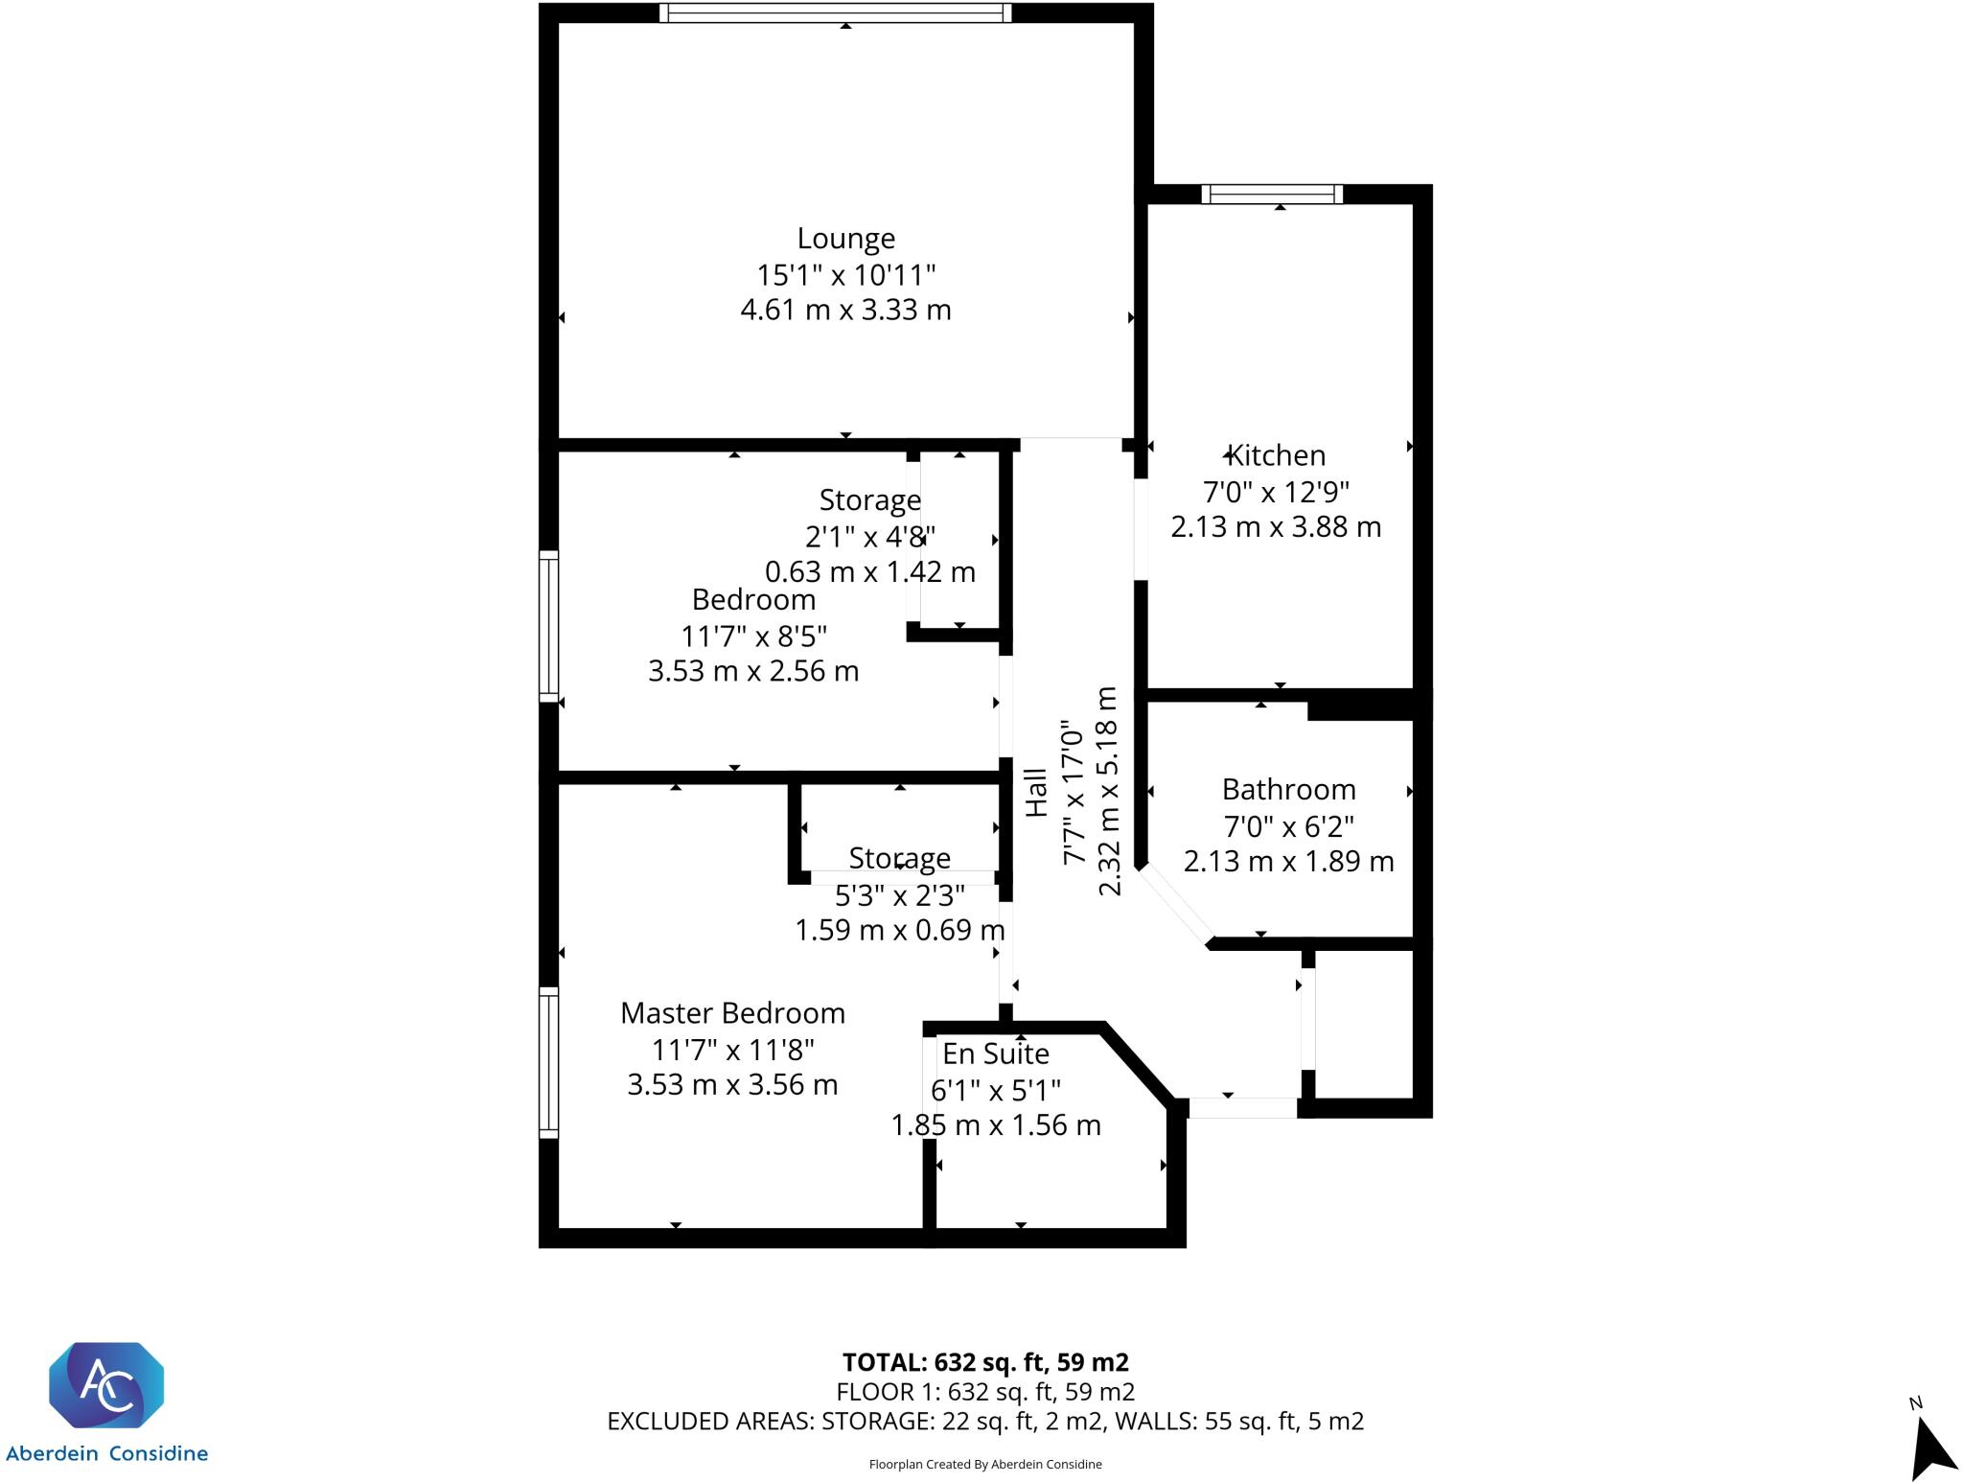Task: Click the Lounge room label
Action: (845, 239)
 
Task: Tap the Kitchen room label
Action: (1276, 455)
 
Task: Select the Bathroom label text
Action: (1288, 790)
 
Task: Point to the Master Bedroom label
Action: (732, 1013)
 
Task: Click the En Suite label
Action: (995, 1054)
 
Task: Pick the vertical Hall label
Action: (1037, 793)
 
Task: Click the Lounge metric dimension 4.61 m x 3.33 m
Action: (845, 311)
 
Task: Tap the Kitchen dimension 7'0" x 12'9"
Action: (1276, 492)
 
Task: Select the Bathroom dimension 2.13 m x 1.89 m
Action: (1288, 862)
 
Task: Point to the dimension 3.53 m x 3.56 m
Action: (732, 1085)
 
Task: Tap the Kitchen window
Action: (1272, 195)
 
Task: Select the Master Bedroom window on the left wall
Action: (548, 1062)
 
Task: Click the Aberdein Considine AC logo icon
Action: (106, 1384)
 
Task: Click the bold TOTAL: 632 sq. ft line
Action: (984, 1362)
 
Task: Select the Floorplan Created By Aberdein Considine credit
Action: (984, 1464)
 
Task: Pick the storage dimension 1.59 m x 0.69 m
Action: (899, 930)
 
